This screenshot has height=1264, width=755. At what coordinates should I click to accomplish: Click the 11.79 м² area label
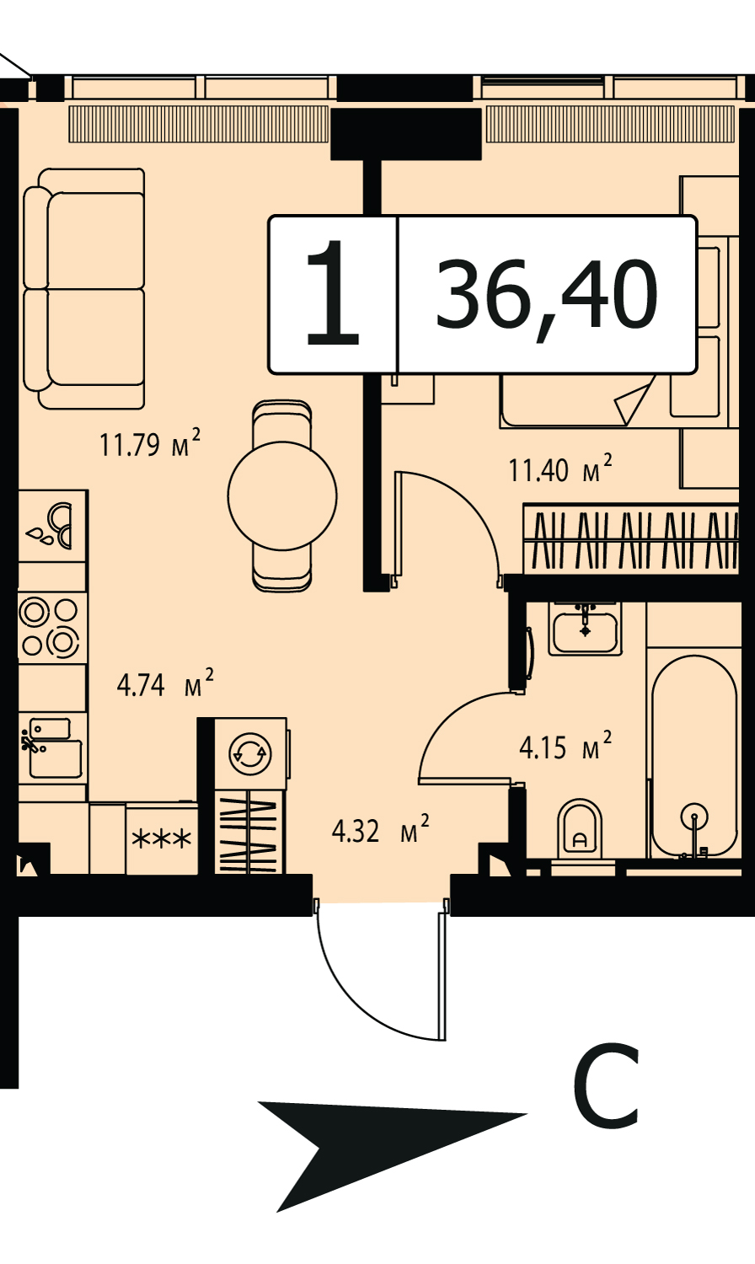(150, 443)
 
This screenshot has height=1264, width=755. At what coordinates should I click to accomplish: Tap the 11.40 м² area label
(560, 469)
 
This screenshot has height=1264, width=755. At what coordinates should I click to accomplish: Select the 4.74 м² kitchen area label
(165, 684)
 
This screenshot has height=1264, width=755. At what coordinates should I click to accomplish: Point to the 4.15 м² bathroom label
(565, 746)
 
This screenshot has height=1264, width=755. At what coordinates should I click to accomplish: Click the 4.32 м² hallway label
(381, 830)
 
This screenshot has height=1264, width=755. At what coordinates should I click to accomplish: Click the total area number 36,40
(546, 294)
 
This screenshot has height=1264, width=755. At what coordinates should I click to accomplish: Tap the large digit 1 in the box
(333, 292)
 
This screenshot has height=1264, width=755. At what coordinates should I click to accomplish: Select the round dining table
(282, 496)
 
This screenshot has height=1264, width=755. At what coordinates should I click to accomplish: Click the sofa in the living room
(84, 288)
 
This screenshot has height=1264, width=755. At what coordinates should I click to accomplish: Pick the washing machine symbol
(251, 753)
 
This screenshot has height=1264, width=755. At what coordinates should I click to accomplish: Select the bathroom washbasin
(585, 628)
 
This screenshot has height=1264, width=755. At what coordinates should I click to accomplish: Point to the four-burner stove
(50, 628)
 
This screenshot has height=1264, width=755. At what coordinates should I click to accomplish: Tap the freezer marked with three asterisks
(162, 839)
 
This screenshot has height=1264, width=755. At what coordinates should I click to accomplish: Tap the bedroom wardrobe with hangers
(631, 539)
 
